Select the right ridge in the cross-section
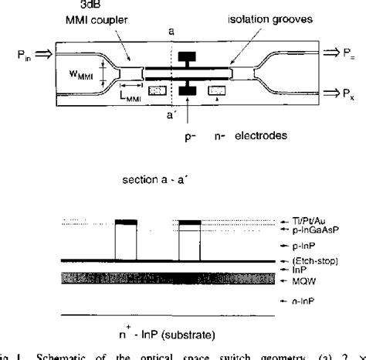coord(189,242)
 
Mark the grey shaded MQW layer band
coord(154,279)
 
